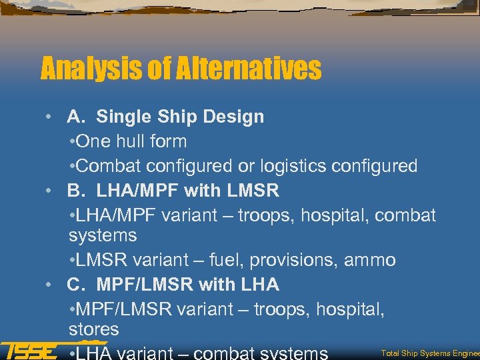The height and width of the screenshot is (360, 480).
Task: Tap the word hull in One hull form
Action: [x=125, y=141]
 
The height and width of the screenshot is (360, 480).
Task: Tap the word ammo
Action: [x=370, y=260]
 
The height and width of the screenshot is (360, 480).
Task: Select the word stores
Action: [x=93, y=329]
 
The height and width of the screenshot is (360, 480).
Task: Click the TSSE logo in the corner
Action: [x=29, y=350]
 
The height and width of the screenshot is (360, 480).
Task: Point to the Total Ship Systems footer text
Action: [x=429, y=352]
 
